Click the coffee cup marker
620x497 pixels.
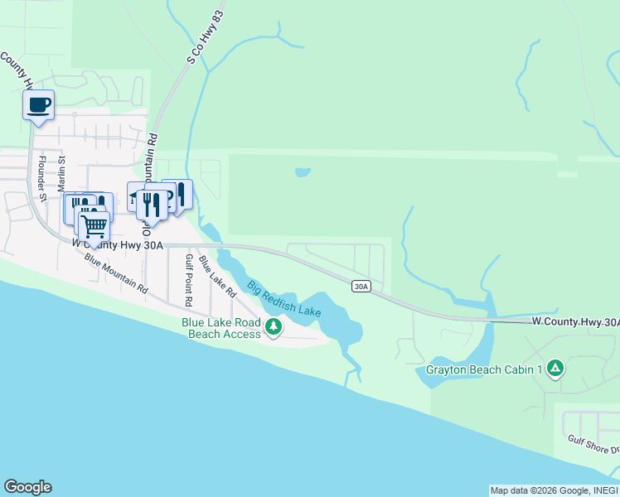click(38, 105)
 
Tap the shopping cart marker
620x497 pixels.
click(94, 224)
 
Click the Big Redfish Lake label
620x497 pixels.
click(284, 298)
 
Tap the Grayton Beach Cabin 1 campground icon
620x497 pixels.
click(555, 369)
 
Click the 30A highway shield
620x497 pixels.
click(361, 287)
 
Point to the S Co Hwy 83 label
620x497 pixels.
click(195, 49)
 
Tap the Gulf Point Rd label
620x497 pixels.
click(189, 276)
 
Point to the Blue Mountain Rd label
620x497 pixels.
click(115, 273)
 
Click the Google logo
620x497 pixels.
click(27, 487)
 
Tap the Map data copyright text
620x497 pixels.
click(553, 490)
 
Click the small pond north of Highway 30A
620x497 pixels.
click(303, 173)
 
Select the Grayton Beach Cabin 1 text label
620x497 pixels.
click(484, 369)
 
